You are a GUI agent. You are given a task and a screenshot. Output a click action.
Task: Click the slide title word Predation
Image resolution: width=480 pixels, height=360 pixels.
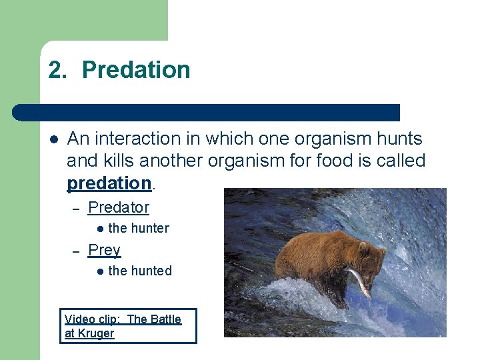tap(136, 70)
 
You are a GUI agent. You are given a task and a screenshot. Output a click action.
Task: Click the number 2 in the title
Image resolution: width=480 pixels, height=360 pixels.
tap(55, 70)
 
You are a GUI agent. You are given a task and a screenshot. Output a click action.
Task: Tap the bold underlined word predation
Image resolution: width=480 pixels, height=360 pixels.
tap(109, 183)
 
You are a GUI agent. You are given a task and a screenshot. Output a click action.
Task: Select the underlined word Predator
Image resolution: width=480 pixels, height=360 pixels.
tap(119, 207)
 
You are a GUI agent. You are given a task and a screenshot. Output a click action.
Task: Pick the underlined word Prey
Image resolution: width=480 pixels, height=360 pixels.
tap(104, 250)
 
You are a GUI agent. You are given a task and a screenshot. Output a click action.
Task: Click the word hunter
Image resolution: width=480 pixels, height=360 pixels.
tap(150, 228)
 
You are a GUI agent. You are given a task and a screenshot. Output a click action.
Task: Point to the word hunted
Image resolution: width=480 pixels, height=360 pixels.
tap(151, 271)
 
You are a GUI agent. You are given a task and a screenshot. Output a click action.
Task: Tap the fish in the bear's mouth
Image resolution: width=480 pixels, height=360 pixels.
tap(361, 280)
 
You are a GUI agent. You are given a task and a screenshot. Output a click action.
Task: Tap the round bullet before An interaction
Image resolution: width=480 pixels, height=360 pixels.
tap(53, 139)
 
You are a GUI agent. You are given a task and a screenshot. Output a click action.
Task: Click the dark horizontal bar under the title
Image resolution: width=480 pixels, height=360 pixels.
tap(207, 113)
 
